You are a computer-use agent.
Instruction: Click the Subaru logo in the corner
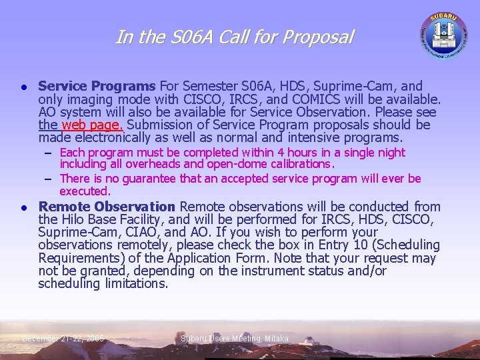[443, 33]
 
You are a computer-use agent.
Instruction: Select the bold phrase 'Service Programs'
[97, 86]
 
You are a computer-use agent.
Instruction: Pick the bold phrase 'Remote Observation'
[107, 207]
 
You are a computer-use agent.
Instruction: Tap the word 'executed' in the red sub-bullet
[84, 191]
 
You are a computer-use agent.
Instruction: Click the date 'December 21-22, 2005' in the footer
[63, 339]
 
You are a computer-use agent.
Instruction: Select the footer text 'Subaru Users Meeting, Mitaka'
[235, 339]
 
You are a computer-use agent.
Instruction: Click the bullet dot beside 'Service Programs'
[23, 87]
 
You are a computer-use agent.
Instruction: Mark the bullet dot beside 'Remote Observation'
[23, 207]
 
